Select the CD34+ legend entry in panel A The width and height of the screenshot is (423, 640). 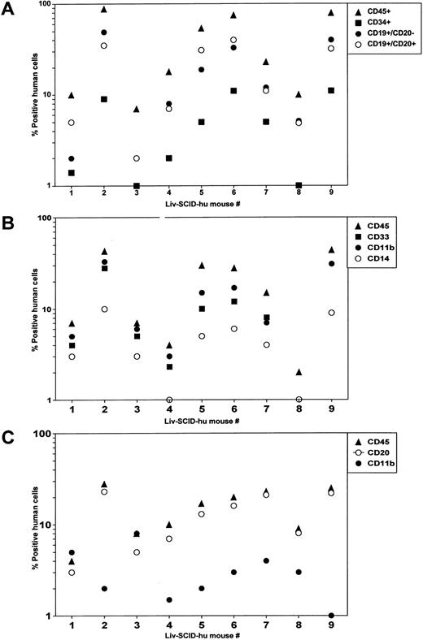pos(386,24)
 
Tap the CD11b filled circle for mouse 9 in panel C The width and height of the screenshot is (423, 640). pos(331,615)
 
